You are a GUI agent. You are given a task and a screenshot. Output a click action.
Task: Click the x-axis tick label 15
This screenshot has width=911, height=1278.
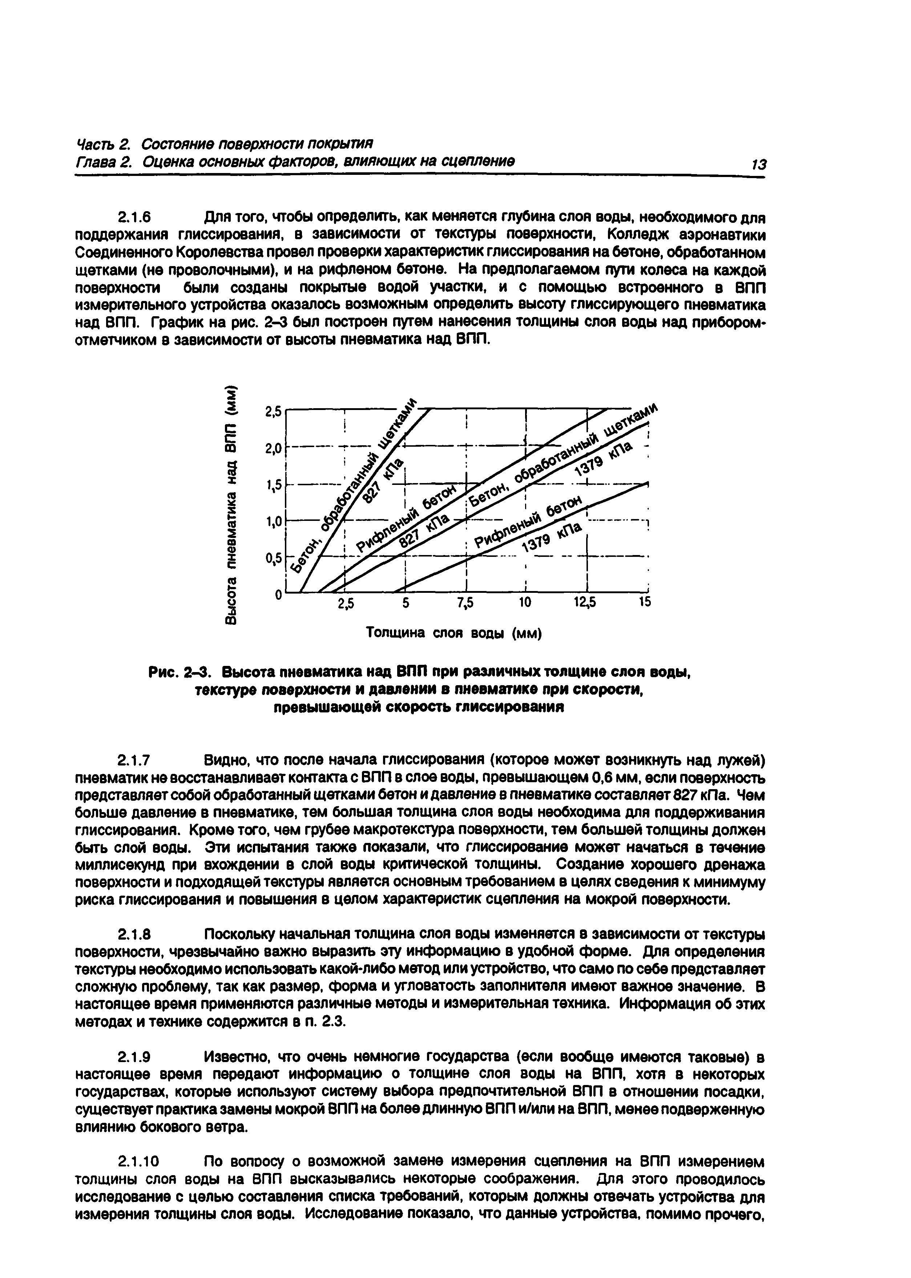click(x=645, y=603)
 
